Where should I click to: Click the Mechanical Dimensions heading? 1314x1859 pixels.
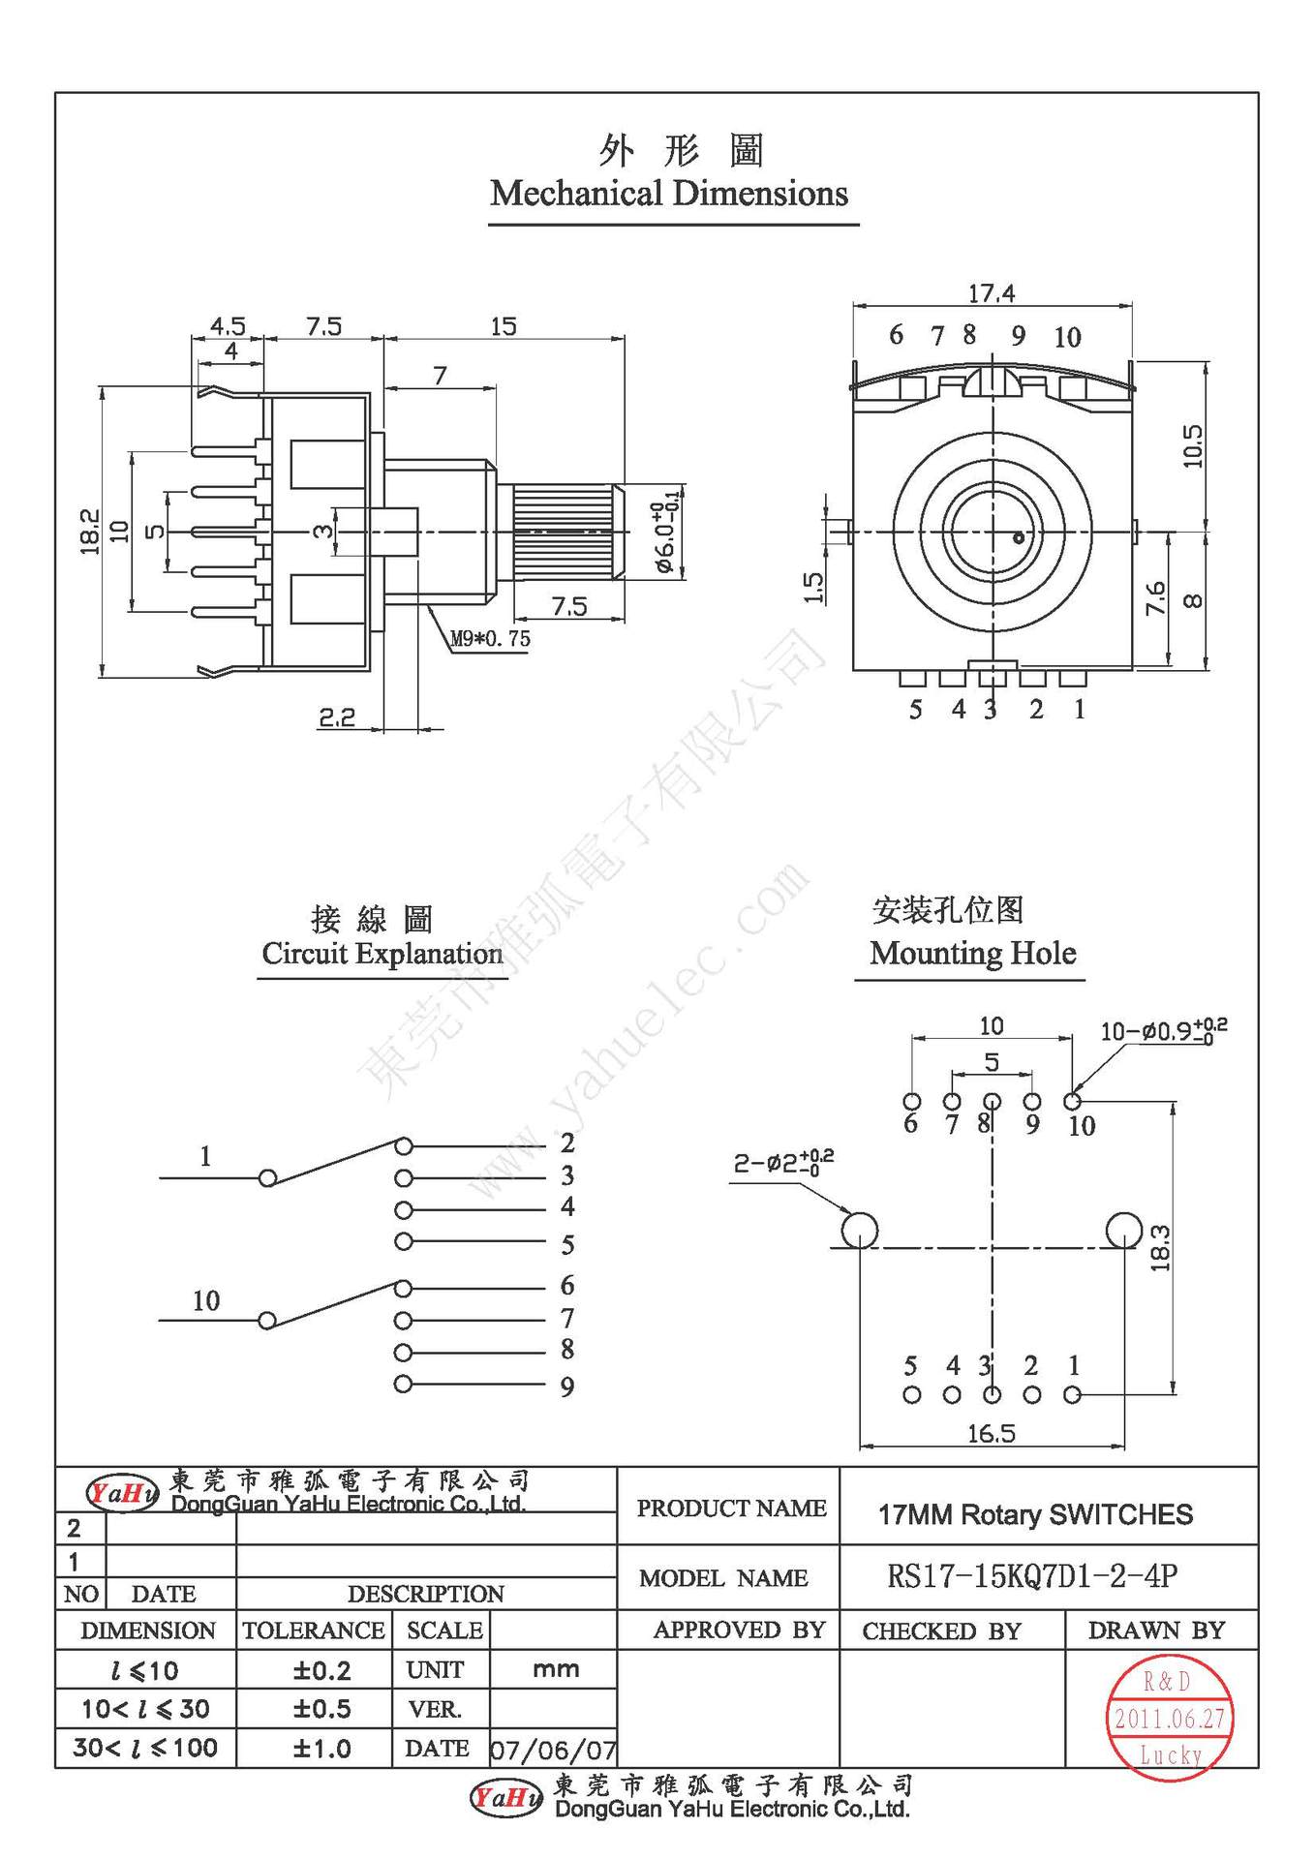click(668, 194)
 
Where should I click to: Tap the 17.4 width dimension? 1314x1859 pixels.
click(991, 292)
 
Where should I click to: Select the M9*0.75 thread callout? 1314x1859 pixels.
click(490, 639)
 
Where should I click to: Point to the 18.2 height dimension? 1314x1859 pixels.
click(90, 532)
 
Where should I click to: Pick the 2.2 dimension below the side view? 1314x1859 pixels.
click(336, 717)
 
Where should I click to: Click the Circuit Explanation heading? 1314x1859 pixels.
click(382, 954)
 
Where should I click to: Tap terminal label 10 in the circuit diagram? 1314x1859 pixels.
click(205, 1300)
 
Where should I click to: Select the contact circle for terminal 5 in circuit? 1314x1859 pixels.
click(403, 1241)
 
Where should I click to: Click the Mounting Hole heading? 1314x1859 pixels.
click(972, 954)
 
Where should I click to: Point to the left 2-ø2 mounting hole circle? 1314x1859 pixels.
click(859, 1231)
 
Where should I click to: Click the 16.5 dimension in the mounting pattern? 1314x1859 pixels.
click(991, 1433)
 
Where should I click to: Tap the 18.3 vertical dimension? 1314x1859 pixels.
click(1161, 1248)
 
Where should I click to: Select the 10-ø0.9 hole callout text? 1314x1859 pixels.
click(1161, 1031)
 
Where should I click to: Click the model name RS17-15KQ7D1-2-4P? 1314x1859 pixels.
click(1032, 1577)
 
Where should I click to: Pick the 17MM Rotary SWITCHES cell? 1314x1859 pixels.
click(1035, 1514)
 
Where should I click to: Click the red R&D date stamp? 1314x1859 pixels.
click(1169, 1719)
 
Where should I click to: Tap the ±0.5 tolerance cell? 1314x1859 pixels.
click(321, 1709)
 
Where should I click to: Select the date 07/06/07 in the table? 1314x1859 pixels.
click(553, 1750)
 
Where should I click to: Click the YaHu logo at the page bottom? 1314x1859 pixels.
click(505, 1798)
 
